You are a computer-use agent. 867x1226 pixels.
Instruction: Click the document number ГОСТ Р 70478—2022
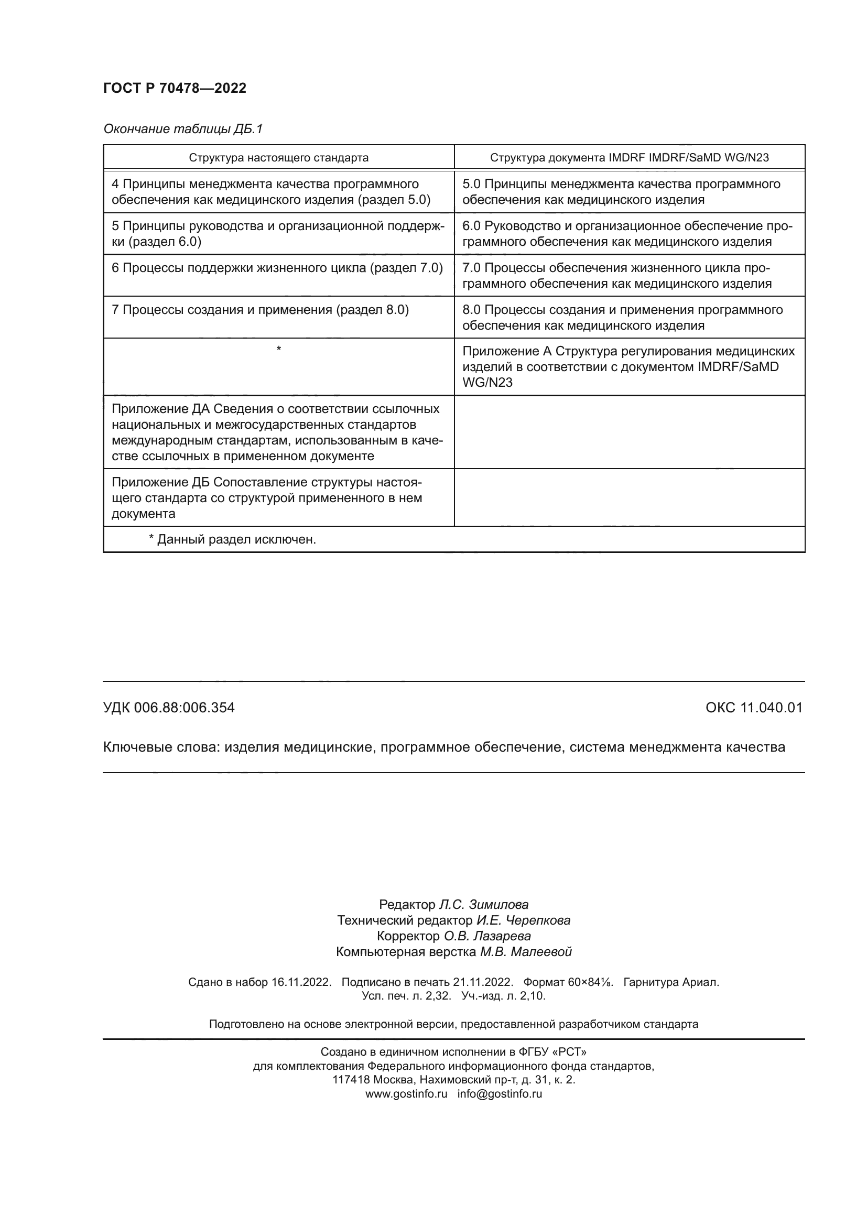coord(175,88)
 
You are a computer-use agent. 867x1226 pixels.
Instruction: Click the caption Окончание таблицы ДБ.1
coord(182,129)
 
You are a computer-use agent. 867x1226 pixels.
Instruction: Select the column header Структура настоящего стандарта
coord(278,158)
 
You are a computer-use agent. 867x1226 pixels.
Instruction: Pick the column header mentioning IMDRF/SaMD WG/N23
coord(629,158)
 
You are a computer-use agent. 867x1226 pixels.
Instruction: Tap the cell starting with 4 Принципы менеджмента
coord(270,192)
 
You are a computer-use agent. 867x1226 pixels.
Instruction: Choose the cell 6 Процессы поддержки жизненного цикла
coord(277,268)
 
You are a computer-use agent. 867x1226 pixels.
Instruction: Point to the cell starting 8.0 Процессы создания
coord(622,317)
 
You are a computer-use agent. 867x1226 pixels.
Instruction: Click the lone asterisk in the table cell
coord(279,349)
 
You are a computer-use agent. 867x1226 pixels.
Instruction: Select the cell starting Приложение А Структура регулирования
coord(628,366)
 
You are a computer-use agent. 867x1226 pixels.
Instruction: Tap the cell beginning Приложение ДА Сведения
coord(277,432)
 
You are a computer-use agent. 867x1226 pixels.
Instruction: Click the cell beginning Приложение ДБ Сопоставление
coord(266,497)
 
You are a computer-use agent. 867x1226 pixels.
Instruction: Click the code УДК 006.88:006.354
coord(169,708)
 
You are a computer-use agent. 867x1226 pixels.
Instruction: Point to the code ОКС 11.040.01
coord(753,708)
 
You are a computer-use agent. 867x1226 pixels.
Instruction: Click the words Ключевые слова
coord(161,747)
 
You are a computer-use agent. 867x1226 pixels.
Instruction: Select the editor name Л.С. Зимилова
coord(483,905)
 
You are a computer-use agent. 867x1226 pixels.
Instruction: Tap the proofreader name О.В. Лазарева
coord(487,936)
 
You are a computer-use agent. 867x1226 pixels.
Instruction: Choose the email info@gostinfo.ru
coord(499,1093)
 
